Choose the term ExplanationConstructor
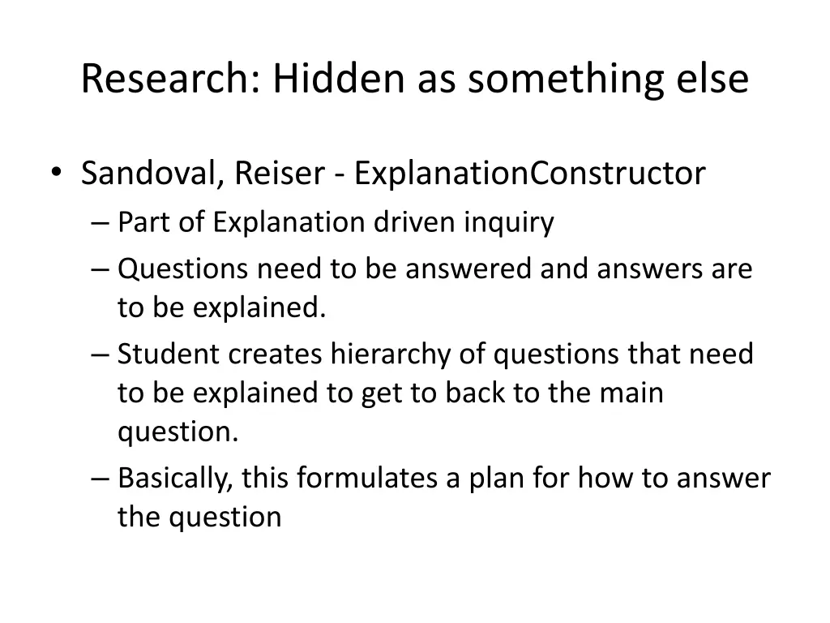tap(530, 174)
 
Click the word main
tap(633, 393)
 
